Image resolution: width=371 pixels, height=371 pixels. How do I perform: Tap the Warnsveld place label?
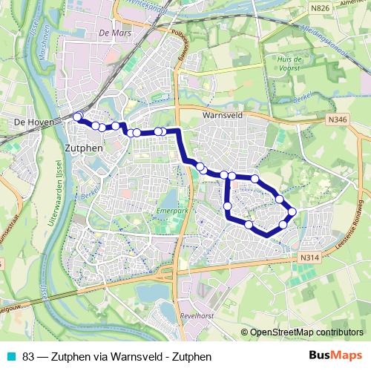point(223,116)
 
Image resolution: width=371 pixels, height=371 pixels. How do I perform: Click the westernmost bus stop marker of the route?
point(77,116)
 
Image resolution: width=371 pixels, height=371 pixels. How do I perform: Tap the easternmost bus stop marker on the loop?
point(292,211)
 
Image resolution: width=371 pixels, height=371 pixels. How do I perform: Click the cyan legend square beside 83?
point(9,355)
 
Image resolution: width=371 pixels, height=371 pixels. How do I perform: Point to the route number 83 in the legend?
point(28,355)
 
